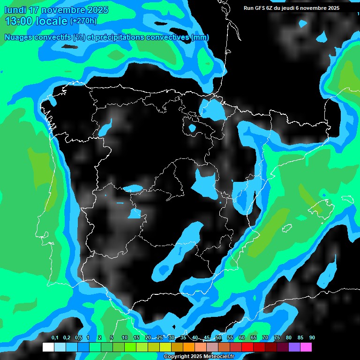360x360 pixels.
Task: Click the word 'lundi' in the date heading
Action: point(15,10)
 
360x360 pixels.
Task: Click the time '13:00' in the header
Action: point(18,21)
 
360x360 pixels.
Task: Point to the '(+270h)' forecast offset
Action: point(83,21)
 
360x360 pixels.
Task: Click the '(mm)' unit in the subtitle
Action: point(201,37)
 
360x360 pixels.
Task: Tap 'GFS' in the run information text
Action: point(260,8)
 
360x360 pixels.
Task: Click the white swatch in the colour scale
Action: point(48,347)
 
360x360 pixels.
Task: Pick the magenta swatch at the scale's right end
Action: point(306,347)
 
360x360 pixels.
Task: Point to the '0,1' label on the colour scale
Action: point(55,338)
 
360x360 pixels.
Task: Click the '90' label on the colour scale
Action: point(312,338)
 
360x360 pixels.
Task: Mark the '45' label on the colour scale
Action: point(207,338)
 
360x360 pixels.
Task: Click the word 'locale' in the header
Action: point(51,21)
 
